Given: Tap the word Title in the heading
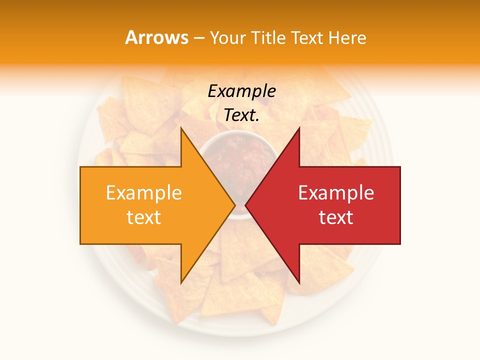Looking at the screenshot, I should click(x=268, y=37).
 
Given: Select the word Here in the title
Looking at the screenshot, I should click(x=347, y=37).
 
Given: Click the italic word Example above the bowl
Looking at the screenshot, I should click(x=242, y=91).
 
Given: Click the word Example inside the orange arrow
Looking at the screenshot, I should click(x=144, y=193).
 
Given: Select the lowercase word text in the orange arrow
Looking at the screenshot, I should click(x=144, y=217).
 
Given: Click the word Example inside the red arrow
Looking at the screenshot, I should click(x=336, y=193).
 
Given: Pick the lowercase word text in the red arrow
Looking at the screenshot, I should click(x=336, y=217).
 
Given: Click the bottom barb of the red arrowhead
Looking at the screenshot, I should click(x=298, y=280).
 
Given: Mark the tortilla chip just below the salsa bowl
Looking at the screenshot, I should click(x=240, y=250).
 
